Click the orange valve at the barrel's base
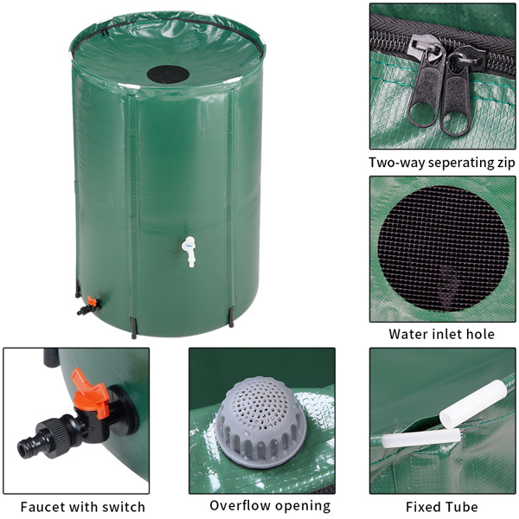pyautogui.click(x=89, y=304)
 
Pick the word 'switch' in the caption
pyautogui.click(x=124, y=507)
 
